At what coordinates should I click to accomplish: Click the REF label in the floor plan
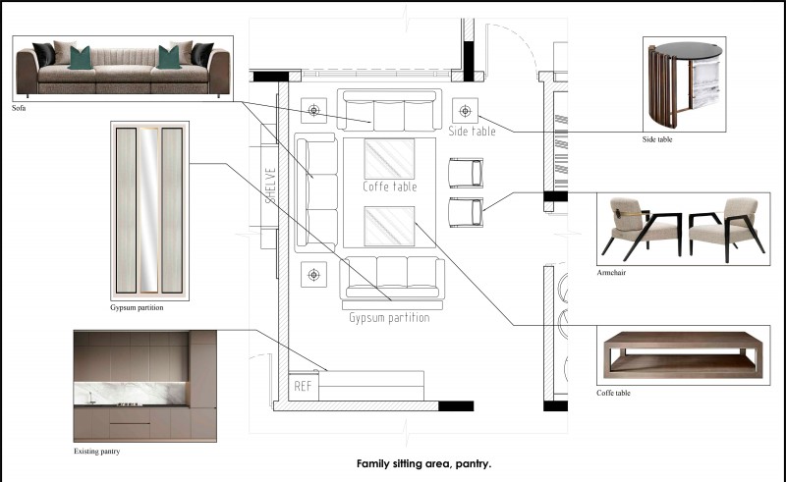pos(303,386)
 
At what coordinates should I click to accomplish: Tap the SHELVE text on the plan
pos(270,186)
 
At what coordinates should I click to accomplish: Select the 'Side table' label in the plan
pos(472,132)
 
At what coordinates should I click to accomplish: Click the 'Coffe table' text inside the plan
pos(389,187)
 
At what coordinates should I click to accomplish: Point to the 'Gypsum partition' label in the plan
pos(389,318)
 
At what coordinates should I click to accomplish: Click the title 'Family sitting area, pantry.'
pos(423,463)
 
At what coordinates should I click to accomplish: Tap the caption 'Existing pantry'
pos(96,451)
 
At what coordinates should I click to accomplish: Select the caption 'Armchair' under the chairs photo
pos(611,273)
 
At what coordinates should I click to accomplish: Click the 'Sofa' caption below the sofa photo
pos(19,108)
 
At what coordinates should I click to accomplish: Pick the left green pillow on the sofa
pos(81,58)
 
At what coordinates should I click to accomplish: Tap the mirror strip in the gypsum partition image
pos(148,210)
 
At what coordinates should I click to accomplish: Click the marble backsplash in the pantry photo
pos(131,394)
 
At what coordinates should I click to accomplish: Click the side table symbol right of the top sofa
pos(465,111)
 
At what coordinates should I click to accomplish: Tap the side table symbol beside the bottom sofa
pos(313,275)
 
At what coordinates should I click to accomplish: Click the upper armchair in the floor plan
pos(466,173)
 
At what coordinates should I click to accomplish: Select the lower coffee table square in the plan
pos(389,226)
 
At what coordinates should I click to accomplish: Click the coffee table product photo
pos(683,354)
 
